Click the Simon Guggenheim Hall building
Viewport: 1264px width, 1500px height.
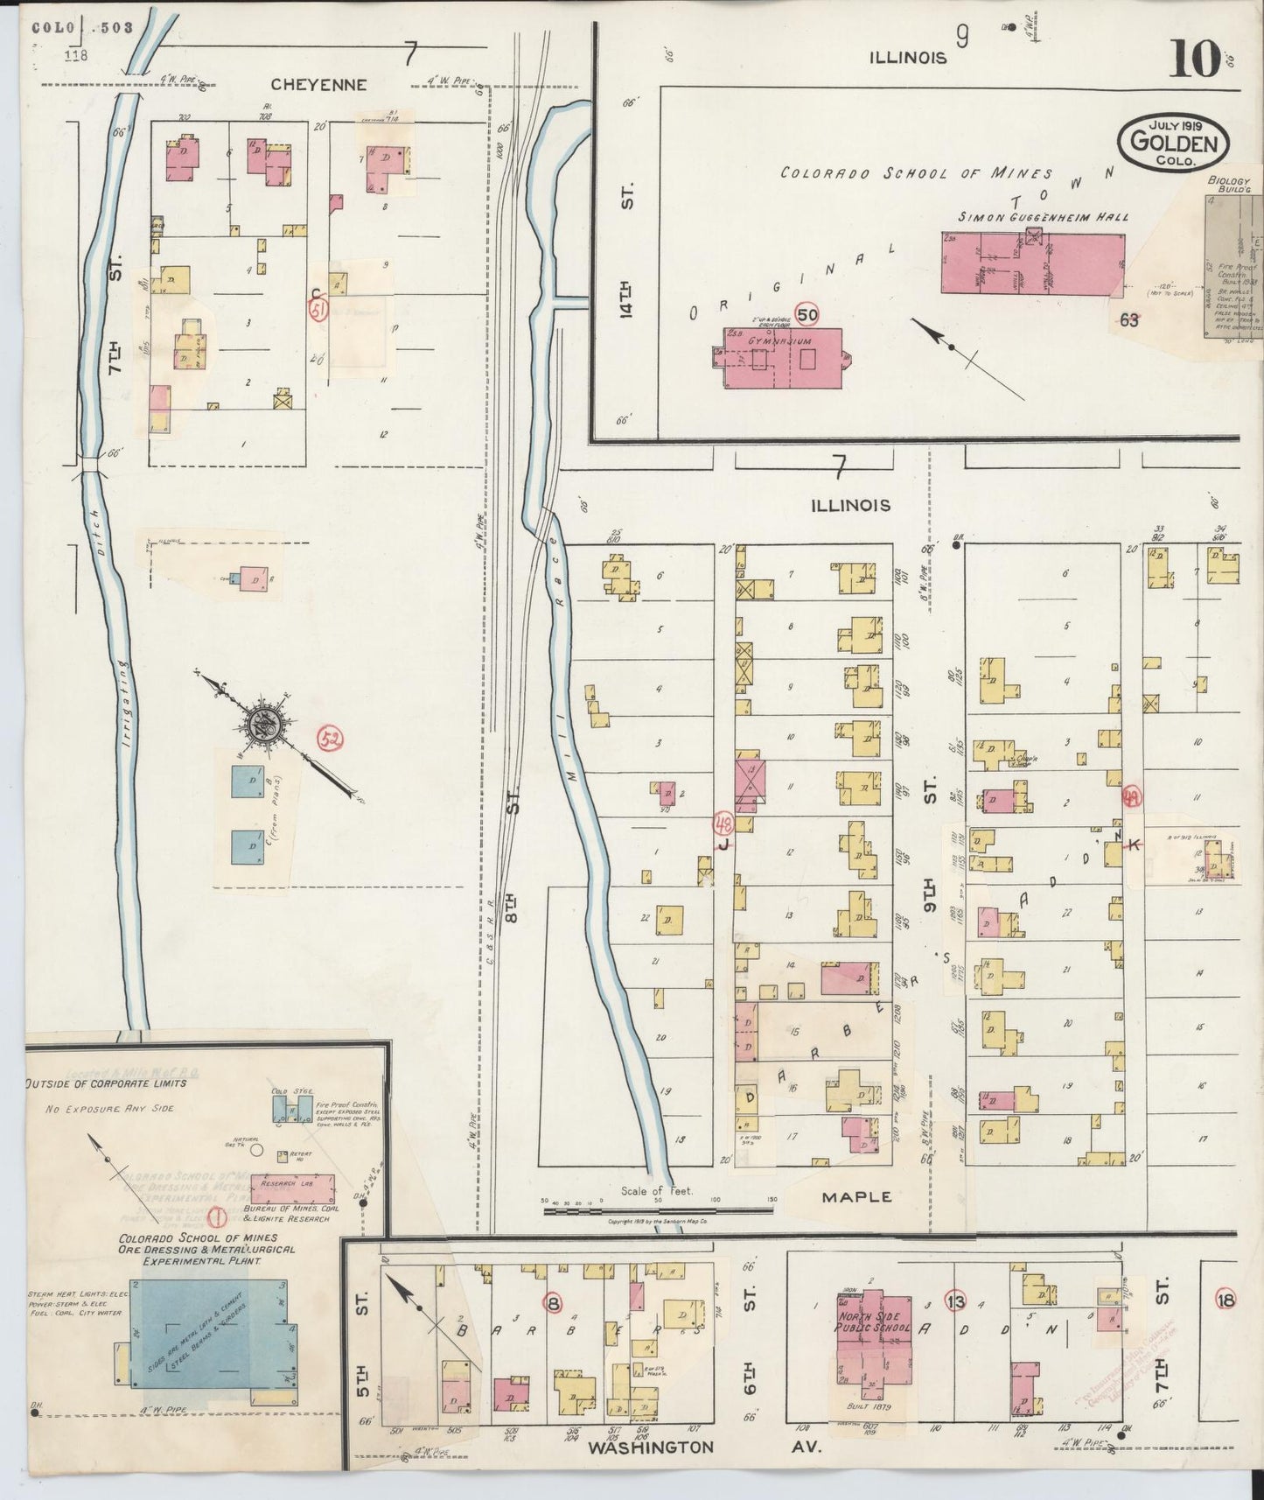1032,262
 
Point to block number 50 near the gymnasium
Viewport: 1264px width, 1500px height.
807,314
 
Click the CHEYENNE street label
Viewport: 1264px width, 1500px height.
318,85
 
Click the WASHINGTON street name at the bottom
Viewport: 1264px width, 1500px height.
651,1447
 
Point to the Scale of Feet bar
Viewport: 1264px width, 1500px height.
657,1211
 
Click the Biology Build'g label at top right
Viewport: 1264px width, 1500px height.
1229,185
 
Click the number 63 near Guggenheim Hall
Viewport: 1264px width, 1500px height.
1129,320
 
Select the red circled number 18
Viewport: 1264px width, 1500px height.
1225,1300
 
